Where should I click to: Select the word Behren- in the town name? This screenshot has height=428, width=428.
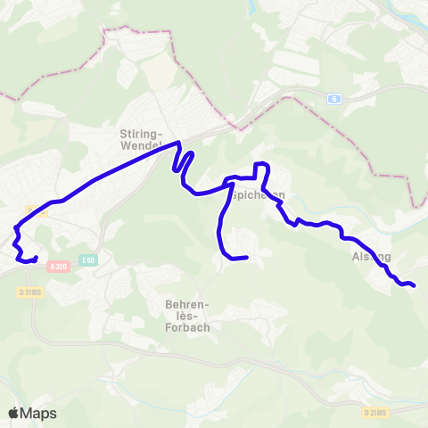coord(186,303)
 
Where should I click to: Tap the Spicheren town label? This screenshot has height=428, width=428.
coord(257,193)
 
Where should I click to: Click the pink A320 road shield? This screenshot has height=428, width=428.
coord(59,266)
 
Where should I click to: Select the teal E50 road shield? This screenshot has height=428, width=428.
coord(86,259)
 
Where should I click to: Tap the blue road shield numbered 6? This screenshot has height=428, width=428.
coord(333,98)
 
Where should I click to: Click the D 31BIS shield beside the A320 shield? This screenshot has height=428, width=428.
coord(31,292)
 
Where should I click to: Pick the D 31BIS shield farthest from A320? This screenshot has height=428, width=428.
coord(375,413)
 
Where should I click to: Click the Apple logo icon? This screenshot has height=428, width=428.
coord(13,413)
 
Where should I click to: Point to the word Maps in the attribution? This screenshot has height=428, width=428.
coord(38,413)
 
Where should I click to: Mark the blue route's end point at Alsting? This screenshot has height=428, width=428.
coord(414,285)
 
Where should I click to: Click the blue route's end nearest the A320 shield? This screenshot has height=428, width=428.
coord(36,259)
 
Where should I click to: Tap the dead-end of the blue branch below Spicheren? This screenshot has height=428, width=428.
coord(245,259)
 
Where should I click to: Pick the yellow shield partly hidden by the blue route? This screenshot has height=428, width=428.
coord(32,210)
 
